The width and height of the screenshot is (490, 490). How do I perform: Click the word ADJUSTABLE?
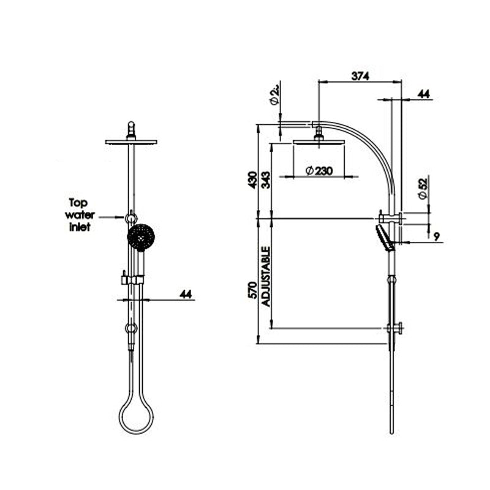pos(266,277)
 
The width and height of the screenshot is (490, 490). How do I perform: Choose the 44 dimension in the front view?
pos(186,295)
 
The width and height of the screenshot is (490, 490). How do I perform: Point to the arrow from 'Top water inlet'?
pos(111,216)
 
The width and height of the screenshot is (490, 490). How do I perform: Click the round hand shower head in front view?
pos(141,236)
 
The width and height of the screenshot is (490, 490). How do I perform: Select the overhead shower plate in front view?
pos(130,141)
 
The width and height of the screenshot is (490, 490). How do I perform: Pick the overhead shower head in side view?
pos(318,142)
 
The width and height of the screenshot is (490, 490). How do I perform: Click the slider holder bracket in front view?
pos(132,279)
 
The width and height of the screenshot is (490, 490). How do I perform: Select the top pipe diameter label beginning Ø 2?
pos(275,96)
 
